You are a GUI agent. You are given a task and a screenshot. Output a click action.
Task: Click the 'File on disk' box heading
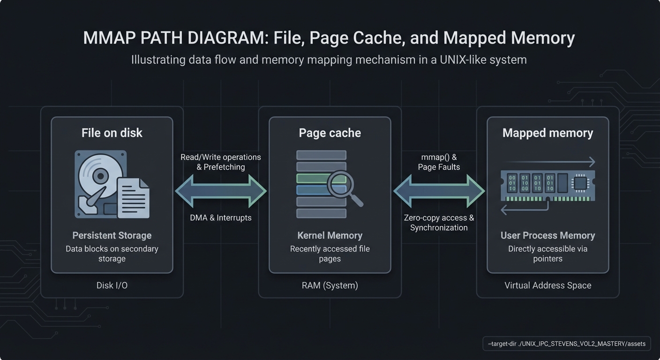(x=112, y=133)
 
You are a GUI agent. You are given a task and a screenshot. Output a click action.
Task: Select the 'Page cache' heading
(x=330, y=133)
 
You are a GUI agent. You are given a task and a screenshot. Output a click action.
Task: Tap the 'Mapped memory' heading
(x=547, y=133)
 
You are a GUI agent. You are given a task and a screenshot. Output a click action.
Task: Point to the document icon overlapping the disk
(x=133, y=198)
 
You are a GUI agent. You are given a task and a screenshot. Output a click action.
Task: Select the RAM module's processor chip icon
(x=580, y=183)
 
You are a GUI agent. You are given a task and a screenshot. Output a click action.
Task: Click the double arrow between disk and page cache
(x=221, y=191)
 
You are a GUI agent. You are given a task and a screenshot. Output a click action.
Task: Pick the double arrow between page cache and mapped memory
(x=439, y=191)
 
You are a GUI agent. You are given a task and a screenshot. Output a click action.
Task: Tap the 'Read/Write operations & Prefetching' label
(x=221, y=162)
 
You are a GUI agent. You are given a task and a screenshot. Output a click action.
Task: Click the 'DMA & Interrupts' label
(x=221, y=218)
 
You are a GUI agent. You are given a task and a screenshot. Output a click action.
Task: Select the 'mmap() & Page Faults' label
(x=439, y=162)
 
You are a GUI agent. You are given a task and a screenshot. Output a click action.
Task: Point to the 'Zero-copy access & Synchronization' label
(x=439, y=223)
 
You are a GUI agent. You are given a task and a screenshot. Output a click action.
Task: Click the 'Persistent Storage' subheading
(x=112, y=236)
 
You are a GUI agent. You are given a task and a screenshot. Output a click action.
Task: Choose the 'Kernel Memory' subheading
(x=330, y=236)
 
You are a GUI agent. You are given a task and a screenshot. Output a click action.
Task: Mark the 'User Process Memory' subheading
(x=547, y=236)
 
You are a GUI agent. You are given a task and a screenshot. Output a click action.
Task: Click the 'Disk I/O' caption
(x=112, y=285)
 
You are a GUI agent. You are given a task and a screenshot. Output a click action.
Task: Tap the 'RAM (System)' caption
(x=330, y=285)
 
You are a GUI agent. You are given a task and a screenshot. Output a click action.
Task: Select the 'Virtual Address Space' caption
(x=547, y=285)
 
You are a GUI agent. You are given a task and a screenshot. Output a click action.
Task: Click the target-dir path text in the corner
(x=566, y=344)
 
